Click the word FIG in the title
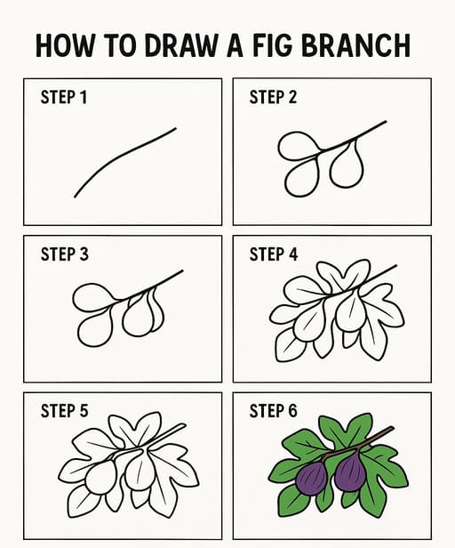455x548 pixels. [x=271, y=45]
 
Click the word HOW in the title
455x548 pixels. [x=66, y=45]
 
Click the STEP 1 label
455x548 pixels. [x=64, y=97]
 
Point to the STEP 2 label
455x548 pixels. [x=273, y=97]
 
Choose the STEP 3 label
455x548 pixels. [x=64, y=254]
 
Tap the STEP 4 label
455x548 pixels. [x=274, y=254]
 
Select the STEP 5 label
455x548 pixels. [x=64, y=411]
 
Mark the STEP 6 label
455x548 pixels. [x=273, y=411]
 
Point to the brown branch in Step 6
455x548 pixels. [x=358, y=443]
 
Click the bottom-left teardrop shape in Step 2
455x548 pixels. [x=302, y=177]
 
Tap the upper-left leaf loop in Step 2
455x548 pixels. [x=299, y=146]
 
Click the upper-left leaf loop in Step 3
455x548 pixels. [x=93, y=297]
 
